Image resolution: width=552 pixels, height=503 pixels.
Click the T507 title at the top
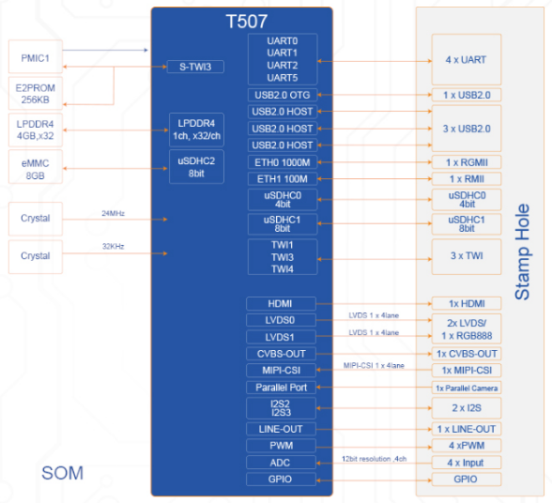click(x=246, y=22)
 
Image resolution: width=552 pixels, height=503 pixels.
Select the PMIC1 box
click(x=36, y=56)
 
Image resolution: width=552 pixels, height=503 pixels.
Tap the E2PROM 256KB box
click(x=36, y=93)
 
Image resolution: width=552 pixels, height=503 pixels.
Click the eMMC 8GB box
click(x=36, y=167)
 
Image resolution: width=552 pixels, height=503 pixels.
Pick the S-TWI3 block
click(x=195, y=67)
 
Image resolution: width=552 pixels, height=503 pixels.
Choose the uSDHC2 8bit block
click(x=196, y=167)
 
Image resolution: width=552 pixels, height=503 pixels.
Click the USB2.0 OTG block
click(x=283, y=95)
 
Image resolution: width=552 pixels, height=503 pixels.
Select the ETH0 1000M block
click(x=283, y=162)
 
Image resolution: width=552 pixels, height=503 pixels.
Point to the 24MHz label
click(x=113, y=213)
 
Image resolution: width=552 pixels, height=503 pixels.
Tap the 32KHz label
click(x=113, y=247)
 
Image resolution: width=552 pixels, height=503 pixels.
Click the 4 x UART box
click(x=467, y=59)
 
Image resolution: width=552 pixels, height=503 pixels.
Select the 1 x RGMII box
click(x=467, y=162)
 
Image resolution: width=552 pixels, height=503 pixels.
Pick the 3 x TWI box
click(x=467, y=256)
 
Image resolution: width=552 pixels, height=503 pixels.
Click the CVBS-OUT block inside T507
click(x=281, y=354)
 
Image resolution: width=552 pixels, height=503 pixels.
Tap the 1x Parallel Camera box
click(x=467, y=388)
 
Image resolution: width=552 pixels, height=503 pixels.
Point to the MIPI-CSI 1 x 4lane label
click(x=374, y=365)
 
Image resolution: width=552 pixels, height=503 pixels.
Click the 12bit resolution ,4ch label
click(x=375, y=459)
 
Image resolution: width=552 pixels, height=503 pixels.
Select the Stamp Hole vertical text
click(x=522, y=252)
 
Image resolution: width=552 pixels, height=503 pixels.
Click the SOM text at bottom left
click(x=62, y=473)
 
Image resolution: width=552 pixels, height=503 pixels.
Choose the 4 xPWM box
click(x=467, y=446)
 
